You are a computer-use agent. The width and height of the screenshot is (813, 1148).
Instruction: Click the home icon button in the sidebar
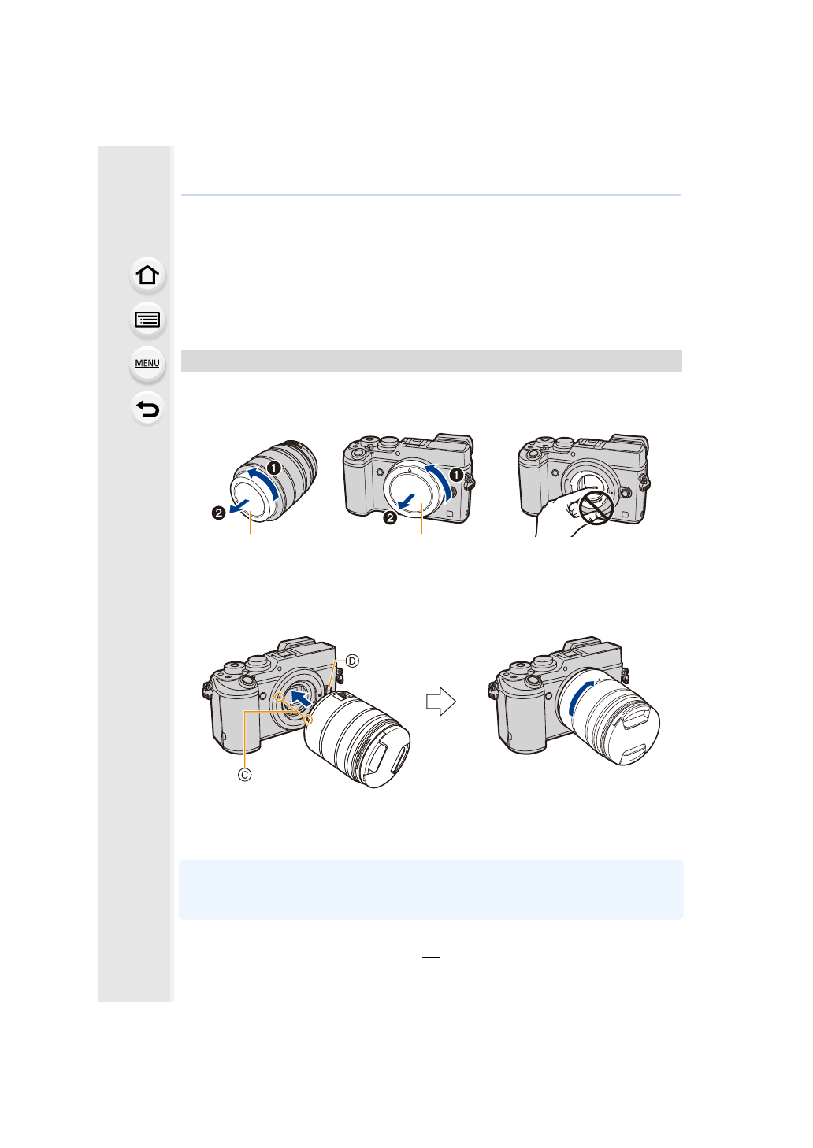point(147,275)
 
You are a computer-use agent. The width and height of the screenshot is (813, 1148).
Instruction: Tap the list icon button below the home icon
point(147,320)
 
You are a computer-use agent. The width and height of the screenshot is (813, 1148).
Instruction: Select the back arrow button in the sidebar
point(147,409)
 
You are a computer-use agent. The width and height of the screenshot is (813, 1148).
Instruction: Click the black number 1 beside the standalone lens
point(273,468)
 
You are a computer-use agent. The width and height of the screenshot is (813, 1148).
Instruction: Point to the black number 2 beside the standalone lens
point(219,513)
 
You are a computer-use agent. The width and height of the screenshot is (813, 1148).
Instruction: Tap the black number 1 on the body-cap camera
point(455,475)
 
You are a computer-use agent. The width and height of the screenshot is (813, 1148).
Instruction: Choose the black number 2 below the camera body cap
point(390,518)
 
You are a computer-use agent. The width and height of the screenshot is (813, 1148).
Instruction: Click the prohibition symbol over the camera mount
point(596,507)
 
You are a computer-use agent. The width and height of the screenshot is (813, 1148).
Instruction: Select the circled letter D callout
point(352,661)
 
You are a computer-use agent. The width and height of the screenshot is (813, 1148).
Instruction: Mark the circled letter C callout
point(245,774)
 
